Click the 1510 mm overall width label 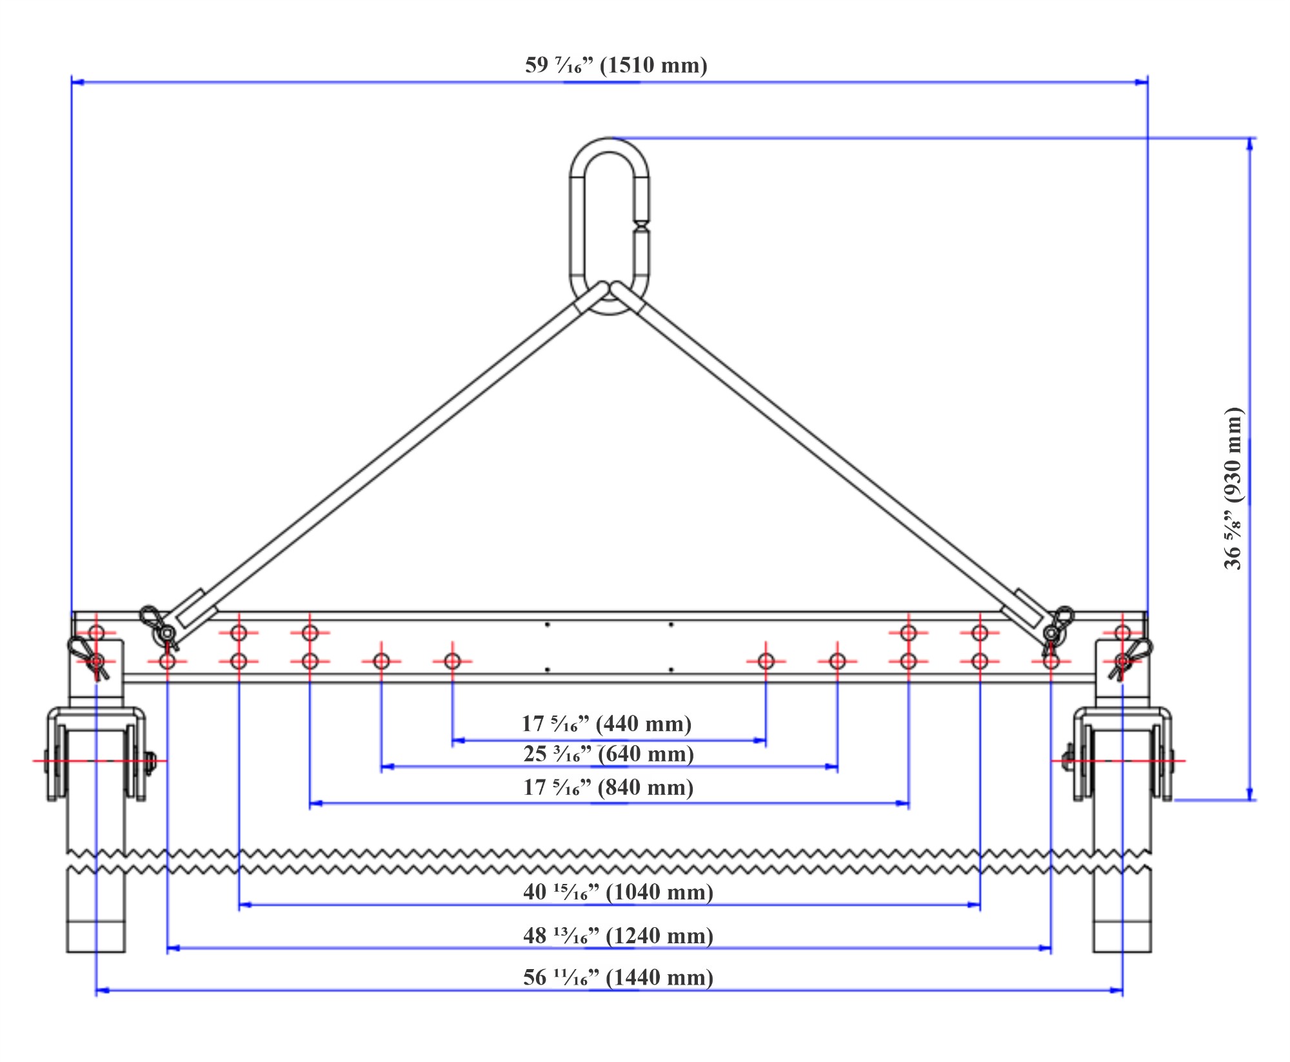click(616, 65)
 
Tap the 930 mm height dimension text click(1233, 488)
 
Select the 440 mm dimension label click(606, 723)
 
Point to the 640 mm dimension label click(608, 754)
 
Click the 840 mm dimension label click(608, 787)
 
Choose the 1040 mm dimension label click(618, 892)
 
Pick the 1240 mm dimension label click(618, 936)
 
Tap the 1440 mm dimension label click(618, 977)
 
